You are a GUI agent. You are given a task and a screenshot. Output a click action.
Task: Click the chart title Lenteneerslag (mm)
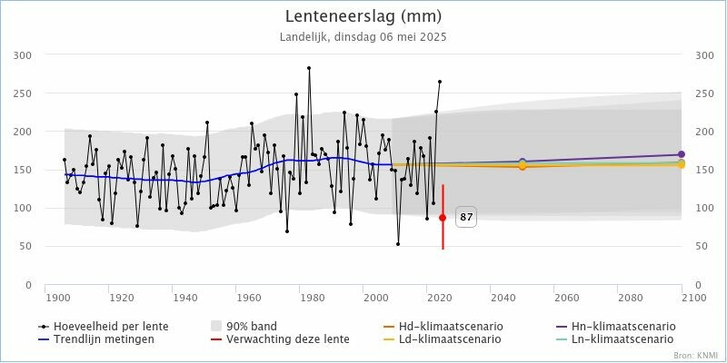click(363, 16)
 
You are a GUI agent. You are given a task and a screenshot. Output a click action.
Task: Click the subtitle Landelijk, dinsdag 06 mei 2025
click(363, 37)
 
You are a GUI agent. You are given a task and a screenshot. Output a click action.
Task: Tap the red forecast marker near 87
click(443, 218)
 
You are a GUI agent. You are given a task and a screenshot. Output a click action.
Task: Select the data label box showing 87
click(466, 218)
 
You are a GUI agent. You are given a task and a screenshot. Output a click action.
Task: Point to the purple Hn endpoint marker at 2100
click(681, 154)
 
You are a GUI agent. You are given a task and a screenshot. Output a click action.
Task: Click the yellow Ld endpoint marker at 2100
click(681, 165)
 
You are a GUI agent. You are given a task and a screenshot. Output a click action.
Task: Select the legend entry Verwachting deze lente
click(281, 339)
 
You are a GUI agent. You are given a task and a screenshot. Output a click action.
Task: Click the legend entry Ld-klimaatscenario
click(455, 339)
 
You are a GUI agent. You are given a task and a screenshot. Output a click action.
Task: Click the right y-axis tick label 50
click(701, 247)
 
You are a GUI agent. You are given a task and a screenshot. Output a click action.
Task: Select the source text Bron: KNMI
click(695, 356)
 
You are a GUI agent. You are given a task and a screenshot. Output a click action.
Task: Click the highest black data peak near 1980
click(309, 68)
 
